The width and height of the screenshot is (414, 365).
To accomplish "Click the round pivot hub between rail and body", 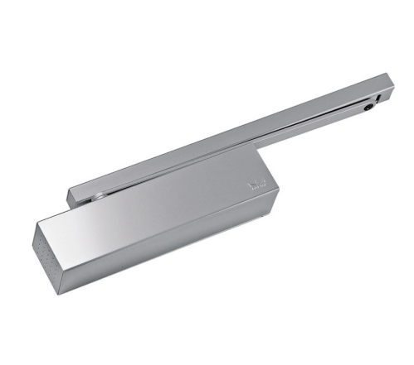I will pyautogui.click(x=100, y=196).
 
